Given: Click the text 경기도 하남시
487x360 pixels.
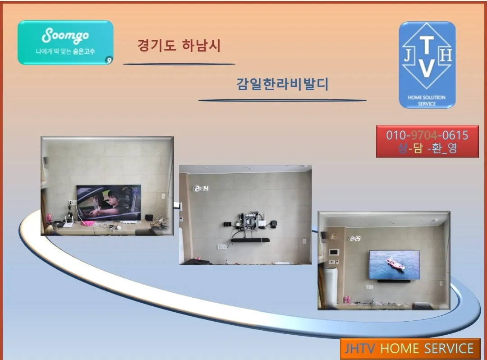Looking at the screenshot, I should tap(179, 46).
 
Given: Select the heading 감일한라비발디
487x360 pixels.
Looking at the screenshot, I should tap(282, 84).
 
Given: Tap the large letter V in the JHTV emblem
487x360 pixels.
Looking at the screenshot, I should tap(427, 68).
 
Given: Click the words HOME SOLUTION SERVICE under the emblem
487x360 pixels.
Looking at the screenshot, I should tap(427, 100).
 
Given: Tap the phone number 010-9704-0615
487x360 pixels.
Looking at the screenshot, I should tap(427, 135).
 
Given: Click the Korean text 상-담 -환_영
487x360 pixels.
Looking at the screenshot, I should tap(427, 148).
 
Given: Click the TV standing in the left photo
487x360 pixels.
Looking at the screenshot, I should tap(108, 202).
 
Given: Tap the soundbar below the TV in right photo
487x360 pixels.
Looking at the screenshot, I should tap(394, 281).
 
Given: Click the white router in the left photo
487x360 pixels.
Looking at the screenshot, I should tap(68, 222).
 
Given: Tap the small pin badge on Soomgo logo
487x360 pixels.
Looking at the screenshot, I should tap(109, 60).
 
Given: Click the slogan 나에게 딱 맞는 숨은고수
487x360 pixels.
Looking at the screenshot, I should tap(65, 51).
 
